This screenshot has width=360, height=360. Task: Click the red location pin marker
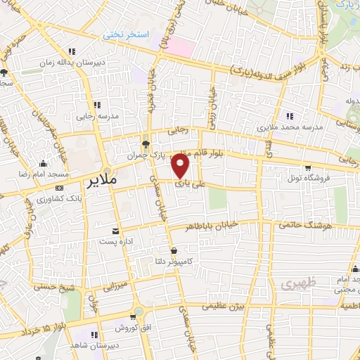[x=181, y=167]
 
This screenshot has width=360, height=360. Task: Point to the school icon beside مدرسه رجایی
[x=96, y=104]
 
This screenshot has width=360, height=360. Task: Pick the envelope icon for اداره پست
[x=115, y=231]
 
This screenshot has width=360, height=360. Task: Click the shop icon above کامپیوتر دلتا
[x=174, y=250]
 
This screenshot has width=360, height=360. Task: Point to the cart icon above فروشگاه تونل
[x=308, y=167]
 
